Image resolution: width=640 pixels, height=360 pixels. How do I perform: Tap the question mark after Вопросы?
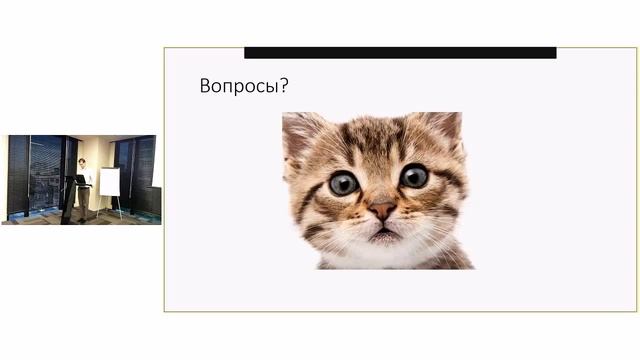pos(285,87)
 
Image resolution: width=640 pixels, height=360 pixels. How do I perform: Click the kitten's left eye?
pos(344,182)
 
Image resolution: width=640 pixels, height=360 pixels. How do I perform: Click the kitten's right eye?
pos(413,177)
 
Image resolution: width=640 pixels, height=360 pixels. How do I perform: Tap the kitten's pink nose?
pos(382,211)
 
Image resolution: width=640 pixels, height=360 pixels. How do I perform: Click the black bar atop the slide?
pos(400,52)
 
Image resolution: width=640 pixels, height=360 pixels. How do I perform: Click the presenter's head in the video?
pos(82,162)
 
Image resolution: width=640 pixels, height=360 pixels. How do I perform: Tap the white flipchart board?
pos(109,181)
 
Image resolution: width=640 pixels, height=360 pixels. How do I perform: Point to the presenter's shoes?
pos(83,218)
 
